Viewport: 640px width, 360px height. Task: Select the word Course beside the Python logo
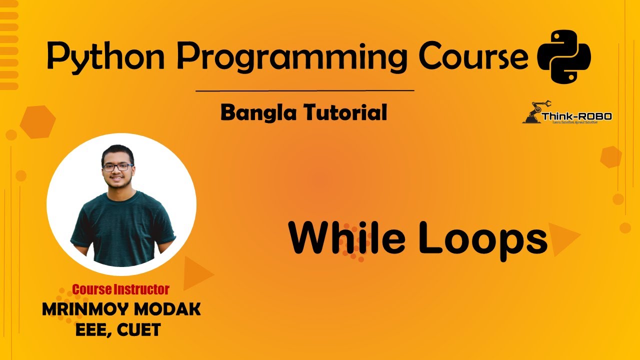click(473, 56)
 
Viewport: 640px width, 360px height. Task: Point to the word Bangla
click(257, 113)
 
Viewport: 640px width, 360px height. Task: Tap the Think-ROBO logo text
click(576, 116)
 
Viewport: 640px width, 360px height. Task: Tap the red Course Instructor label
click(120, 289)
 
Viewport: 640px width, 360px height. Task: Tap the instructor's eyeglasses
click(117, 167)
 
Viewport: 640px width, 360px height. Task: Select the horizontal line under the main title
click(304, 91)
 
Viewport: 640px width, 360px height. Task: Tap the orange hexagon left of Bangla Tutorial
click(37, 121)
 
